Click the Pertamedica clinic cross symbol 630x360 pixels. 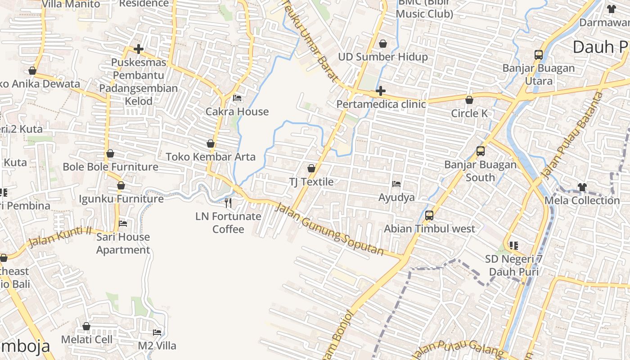pyautogui.click(x=381, y=91)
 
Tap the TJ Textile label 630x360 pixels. pyautogui.click(x=311, y=182)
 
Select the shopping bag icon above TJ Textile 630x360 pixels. pyautogui.click(x=311, y=168)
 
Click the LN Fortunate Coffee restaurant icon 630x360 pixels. pyautogui.click(x=228, y=203)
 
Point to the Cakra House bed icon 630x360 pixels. pyautogui.click(x=237, y=98)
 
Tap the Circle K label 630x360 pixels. pyautogui.click(x=469, y=113)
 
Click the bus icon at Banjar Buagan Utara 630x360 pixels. pyautogui.click(x=539, y=55)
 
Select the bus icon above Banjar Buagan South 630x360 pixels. pyautogui.click(x=481, y=151)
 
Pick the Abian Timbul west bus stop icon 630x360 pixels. pyautogui.click(x=429, y=216)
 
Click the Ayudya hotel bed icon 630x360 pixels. pyautogui.click(x=396, y=184)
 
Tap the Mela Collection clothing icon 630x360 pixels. pyautogui.click(x=582, y=187)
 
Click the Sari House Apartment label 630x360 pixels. pyautogui.click(x=123, y=243)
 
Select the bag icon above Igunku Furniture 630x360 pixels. pyautogui.click(x=121, y=185)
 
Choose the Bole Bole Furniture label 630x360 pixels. pyautogui.click(x=110, y=167)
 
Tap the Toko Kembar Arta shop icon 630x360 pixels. pyautogui.click(x=210, y=144)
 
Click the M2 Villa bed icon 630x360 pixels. pyautogui.click(x=157, y=333)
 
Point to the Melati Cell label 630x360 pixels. pyautogui.click(x=87, y=339)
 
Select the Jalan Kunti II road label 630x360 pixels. pyautogui.click(x=60, y=237)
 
